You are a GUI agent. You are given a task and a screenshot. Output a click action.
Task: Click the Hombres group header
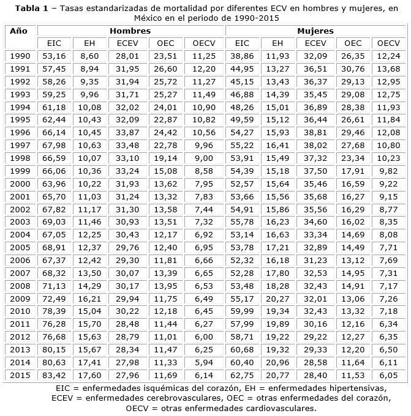coord(130,31)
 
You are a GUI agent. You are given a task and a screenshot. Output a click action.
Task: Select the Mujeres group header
coord(315,31)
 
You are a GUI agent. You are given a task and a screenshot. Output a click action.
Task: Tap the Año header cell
coord(18,31)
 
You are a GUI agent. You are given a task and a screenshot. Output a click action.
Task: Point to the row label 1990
coord(20,56)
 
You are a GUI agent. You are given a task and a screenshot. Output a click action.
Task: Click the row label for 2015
coord(20,375)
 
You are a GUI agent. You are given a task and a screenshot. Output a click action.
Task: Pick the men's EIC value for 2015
coord(54,375)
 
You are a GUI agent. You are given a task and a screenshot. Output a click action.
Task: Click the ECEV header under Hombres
coord(127,43)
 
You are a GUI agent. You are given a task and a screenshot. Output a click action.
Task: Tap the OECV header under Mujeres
coord(388,43)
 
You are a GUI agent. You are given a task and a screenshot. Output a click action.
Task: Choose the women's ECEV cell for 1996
coord(315,132)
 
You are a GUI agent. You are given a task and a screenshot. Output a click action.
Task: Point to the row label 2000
coord(20,184)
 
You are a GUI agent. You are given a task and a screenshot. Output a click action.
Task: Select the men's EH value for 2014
coord(89,362)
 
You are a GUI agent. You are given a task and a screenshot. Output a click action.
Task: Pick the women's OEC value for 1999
coord(353,171)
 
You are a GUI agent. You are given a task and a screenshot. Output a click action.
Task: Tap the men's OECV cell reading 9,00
coord(204,158)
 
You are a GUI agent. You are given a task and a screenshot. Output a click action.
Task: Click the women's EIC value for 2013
coord(242,349)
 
